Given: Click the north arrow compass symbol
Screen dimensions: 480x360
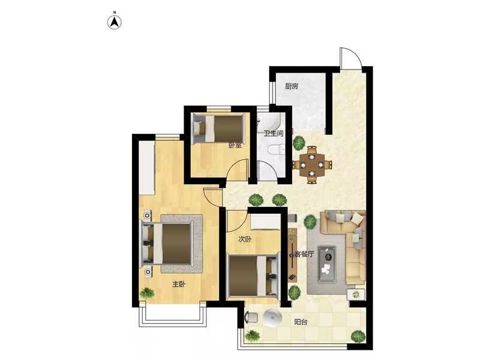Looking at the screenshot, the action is [114, 22].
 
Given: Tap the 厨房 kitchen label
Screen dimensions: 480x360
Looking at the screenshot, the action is [292, 86].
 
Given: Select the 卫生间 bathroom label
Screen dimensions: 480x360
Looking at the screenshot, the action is [274, 133].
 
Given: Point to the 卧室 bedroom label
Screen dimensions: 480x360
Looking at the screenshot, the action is [235, 145].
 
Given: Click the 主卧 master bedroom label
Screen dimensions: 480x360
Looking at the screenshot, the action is [179, 284].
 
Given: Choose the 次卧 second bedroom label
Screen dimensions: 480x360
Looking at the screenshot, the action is [245, 239].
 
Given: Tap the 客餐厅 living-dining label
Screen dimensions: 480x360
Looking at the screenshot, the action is [304, 254].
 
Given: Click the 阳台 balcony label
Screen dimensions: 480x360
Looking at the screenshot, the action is [301, 322].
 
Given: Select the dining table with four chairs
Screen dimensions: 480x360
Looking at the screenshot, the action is [312, 165].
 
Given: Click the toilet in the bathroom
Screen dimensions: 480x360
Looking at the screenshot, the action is [276, 150].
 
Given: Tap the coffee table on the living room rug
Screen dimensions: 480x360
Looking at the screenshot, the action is [327, 264].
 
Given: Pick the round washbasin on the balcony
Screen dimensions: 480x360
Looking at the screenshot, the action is [273, 318].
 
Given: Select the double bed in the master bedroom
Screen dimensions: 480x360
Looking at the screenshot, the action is [167, 244].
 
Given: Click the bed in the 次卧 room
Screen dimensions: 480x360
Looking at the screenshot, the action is [253, 275].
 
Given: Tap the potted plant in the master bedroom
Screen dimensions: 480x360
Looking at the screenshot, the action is [147, 293].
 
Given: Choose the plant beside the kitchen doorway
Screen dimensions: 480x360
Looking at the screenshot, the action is [298, 143].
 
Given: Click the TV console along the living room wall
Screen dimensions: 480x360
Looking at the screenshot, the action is [292, 254].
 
